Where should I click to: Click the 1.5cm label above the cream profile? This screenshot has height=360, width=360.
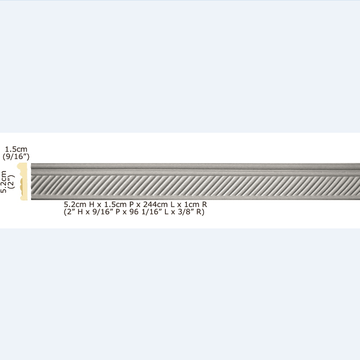(16, 149)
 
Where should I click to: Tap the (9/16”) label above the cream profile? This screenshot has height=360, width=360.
(16, 157)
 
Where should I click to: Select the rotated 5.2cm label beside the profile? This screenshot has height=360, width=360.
(4, 182)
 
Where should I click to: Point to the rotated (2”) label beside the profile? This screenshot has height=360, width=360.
(11, 182)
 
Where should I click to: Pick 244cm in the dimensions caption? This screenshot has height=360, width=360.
(155, 205)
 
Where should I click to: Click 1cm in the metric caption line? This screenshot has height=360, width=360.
(192, 205)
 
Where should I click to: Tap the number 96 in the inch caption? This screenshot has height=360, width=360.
(134, 212)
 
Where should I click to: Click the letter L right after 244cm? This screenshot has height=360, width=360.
(172, 205)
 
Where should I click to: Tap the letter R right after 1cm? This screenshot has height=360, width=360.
(205, 205)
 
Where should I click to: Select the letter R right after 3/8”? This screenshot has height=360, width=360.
(199, 212)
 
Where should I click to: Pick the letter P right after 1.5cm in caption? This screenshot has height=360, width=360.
(132, 205)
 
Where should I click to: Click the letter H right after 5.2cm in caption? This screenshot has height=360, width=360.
(91, 205)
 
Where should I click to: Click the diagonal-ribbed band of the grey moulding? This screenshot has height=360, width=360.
(196, 185)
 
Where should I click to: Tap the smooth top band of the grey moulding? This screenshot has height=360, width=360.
(196, 167)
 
